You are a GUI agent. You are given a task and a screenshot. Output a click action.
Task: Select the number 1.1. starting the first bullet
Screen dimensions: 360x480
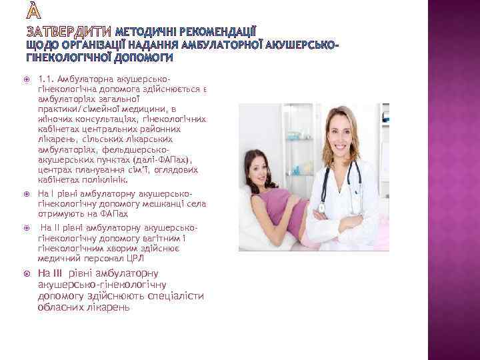48,79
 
